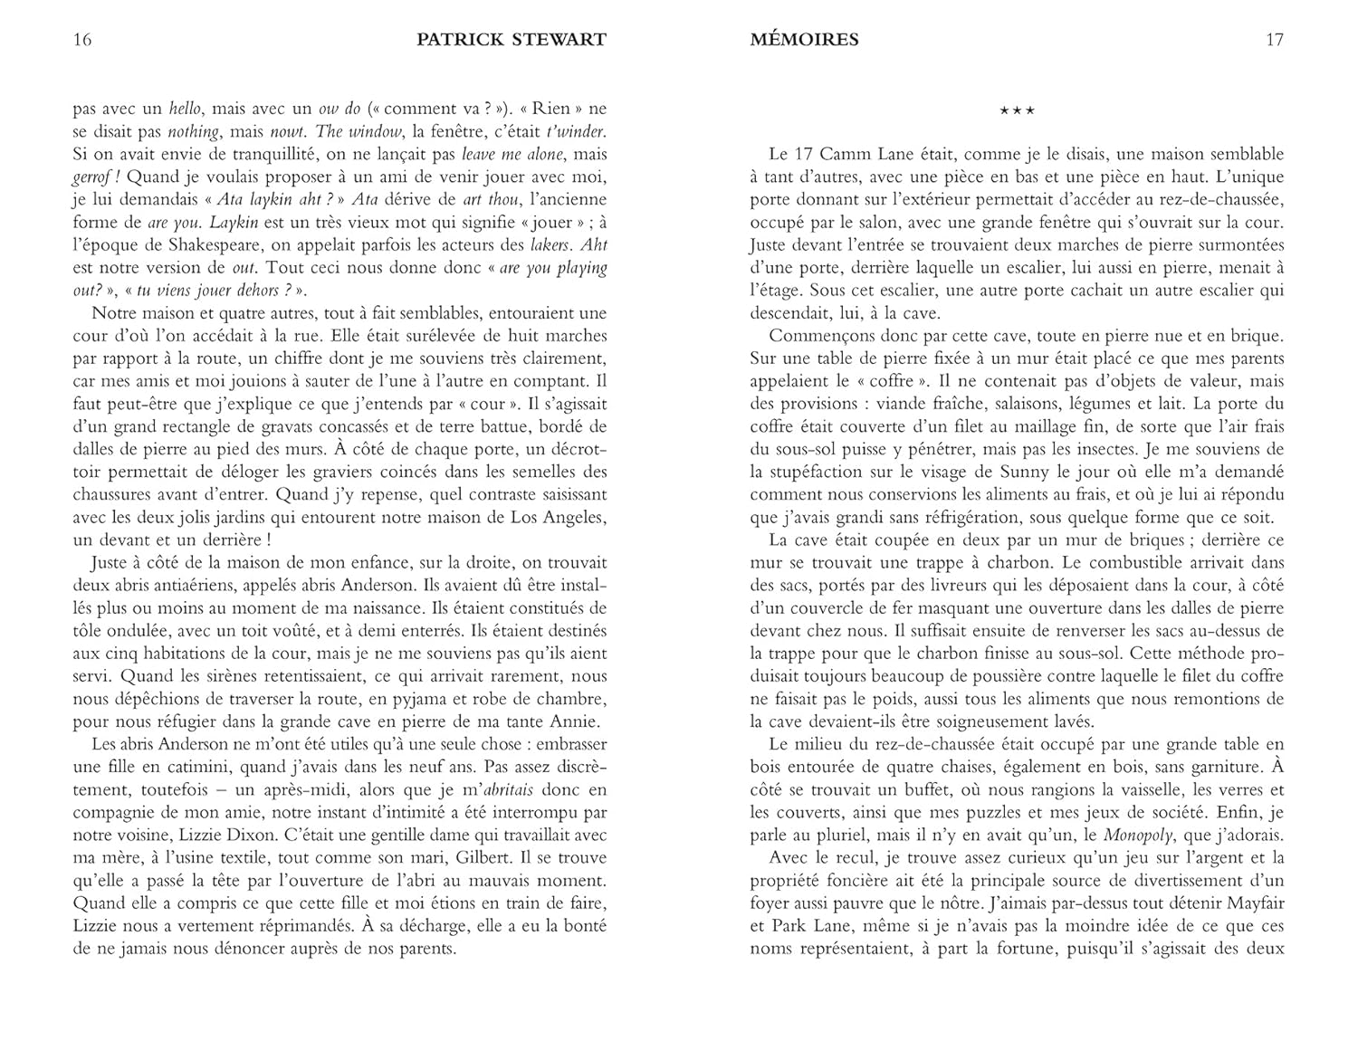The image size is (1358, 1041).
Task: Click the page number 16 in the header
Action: tap(82, 40)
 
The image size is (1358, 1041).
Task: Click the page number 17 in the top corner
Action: tap(1274, 40)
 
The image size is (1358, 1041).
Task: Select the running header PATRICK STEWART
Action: tap(512, 40)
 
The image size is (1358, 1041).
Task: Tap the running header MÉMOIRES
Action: tap(804, 40)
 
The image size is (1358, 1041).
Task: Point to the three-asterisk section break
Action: tap(1017, 110)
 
